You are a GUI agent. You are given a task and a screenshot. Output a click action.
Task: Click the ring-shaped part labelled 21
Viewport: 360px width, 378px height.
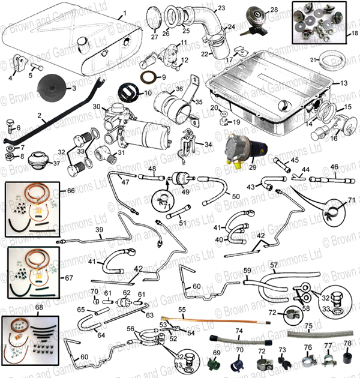point(330,60)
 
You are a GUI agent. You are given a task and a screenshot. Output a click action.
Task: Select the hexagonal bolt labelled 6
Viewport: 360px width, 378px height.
point(11,128)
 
